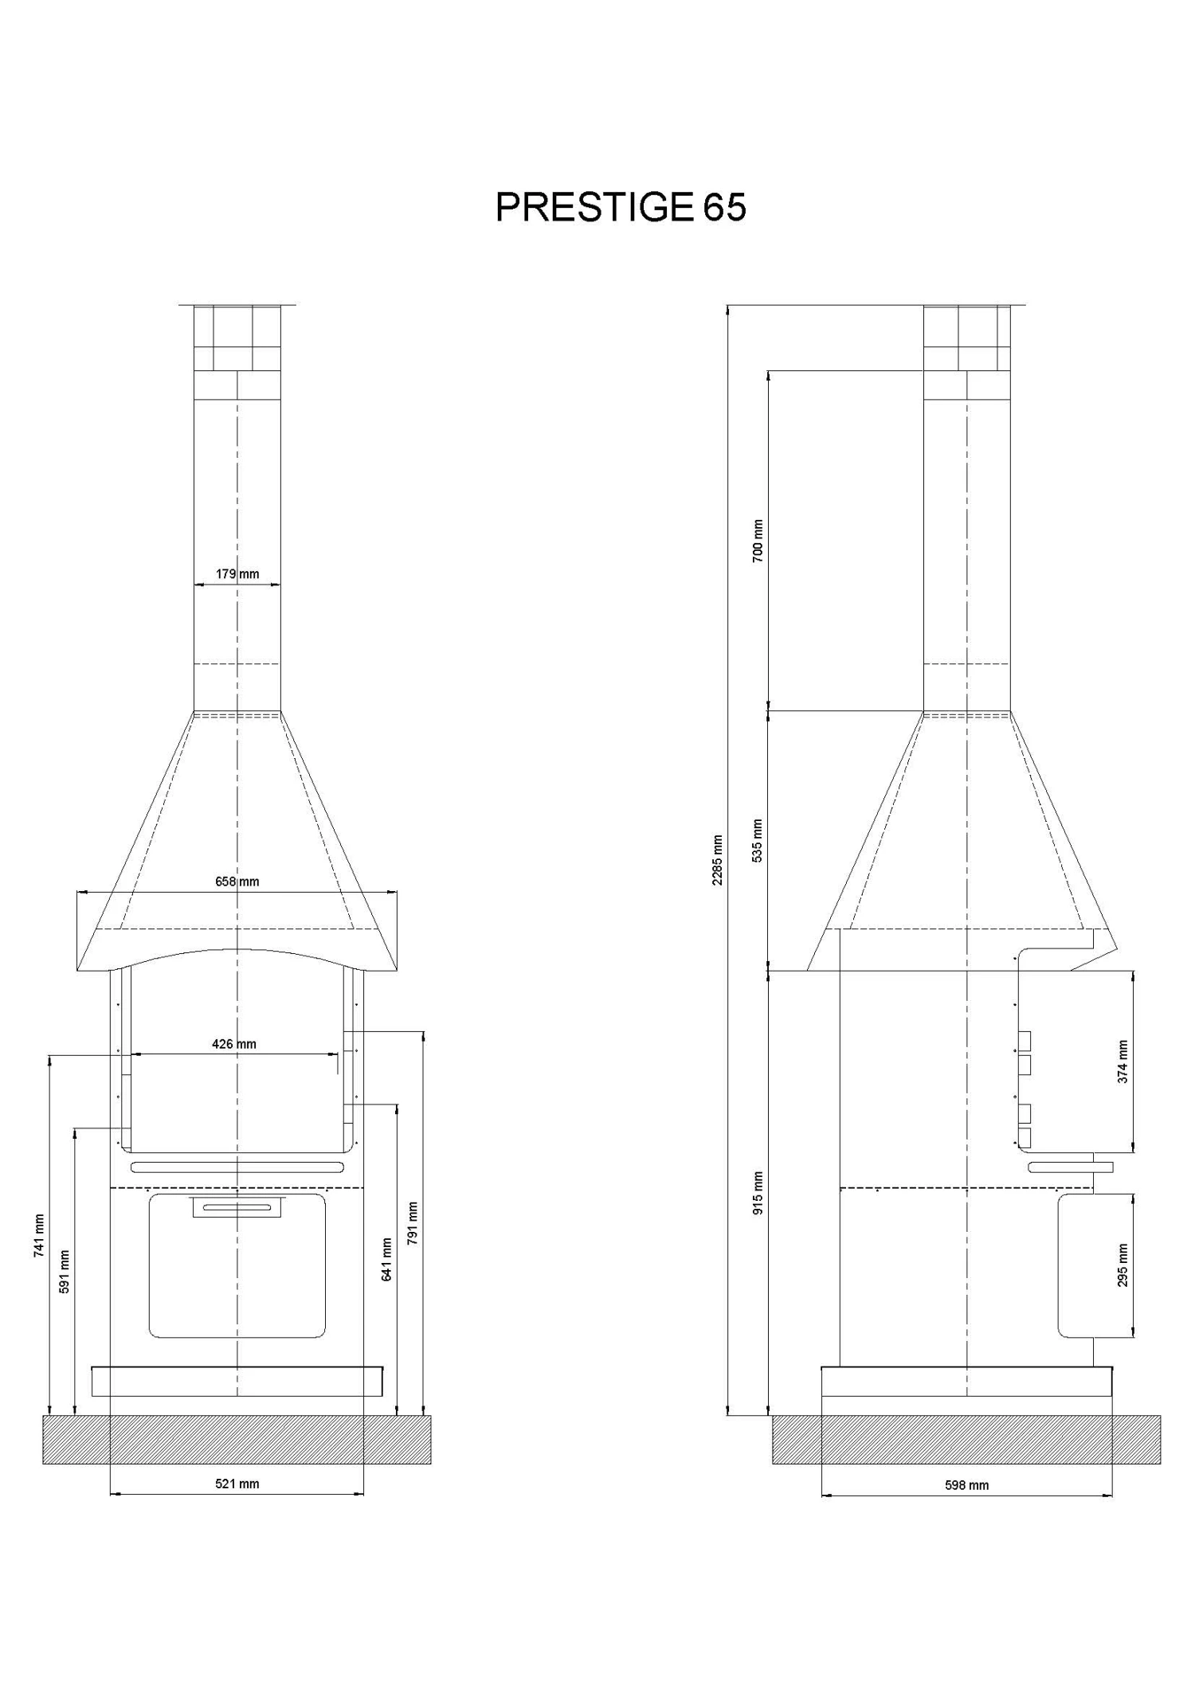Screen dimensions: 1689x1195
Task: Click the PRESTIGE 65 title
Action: coord(621,208)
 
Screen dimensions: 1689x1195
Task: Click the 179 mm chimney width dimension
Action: coord(237,573)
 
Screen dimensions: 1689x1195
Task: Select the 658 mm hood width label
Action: coord(237,882)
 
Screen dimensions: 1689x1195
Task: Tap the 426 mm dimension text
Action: coord(234,1044)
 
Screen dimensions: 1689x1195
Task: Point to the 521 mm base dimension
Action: coord(237,1484)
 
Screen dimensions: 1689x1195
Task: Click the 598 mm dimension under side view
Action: coord(966,1485)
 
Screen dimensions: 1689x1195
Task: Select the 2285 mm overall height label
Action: coord(718,860)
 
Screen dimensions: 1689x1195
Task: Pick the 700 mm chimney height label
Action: coord(758,541)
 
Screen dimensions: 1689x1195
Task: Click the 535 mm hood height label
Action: coord(758,841)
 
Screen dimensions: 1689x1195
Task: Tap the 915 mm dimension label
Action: coord(758,1193)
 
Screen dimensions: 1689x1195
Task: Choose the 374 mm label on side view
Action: coord(1123,1061)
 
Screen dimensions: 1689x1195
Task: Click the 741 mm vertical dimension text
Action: coord(39,1236)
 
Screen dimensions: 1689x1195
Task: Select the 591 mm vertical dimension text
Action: coord(65,1272)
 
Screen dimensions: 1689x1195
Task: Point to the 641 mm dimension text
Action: coord(386,1259)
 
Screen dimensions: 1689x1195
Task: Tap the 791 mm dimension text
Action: coord(412,1224)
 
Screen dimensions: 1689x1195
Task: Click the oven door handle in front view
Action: coord(237,1207)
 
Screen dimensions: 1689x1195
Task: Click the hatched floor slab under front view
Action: coord(237,1439)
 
